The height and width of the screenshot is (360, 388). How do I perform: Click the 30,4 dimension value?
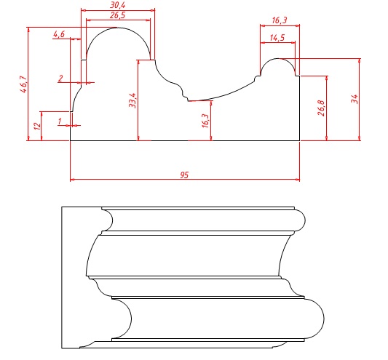pos(117,5)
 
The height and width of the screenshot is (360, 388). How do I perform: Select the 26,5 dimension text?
pos(117,15)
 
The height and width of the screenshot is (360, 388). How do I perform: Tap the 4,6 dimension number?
pos(59,34)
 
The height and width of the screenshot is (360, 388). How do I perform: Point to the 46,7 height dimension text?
pos(23,84)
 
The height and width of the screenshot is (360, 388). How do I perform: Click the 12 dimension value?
pos(37,126)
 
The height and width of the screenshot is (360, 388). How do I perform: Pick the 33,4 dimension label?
pos(132,100)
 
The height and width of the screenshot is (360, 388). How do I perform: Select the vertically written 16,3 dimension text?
pos(205,121)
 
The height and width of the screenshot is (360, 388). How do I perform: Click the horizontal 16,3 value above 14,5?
pos(280,20)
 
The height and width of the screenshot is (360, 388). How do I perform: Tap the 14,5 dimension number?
pos(277,38)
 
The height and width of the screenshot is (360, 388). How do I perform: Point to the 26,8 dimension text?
pos(321,108)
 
